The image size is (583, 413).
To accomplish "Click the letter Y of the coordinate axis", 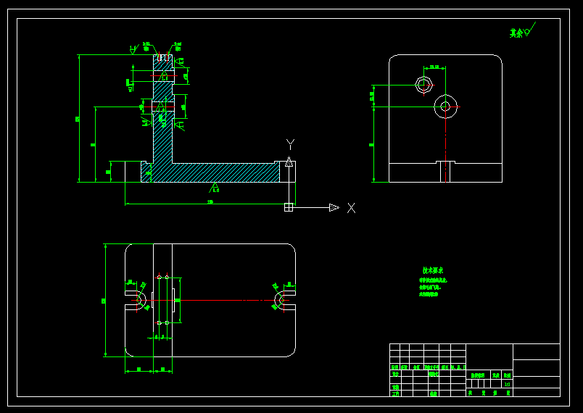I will (x=290, y=144).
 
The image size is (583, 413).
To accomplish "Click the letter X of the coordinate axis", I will (x=351, y=208).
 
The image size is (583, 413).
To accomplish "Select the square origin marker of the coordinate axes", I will (x=289, y=207).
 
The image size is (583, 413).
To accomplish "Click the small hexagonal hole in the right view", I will (x=423, y=85).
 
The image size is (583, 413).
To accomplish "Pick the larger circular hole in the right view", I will (x=445, y=107).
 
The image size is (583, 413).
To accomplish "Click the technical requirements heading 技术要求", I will (x=433, y=270).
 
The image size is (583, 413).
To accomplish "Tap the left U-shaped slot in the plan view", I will (x=136, y=300).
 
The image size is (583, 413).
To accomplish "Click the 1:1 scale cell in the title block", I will (x=507, y=385).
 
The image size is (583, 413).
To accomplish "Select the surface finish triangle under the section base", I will (x=215, y=188).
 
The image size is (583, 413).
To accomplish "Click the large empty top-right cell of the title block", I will (x=536, y=351).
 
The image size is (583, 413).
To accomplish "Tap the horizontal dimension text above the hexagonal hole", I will (x=434, y=67).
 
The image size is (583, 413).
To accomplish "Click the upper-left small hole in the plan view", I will (x=159, y=277).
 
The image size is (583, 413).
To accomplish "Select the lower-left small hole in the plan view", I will (x=159, y=323).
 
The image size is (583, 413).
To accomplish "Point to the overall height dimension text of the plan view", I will (x=104, y=300).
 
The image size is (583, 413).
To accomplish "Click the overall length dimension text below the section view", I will (x=210, y=202).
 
